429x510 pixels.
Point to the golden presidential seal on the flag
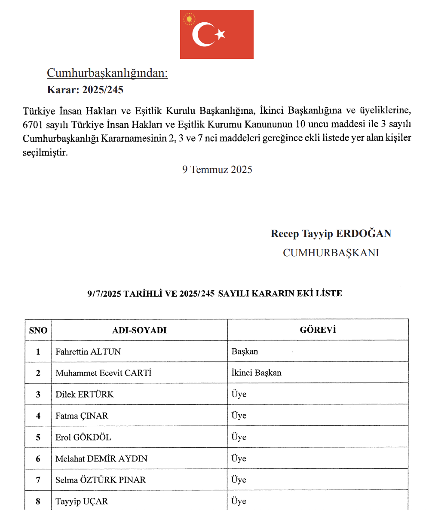coord(189,19)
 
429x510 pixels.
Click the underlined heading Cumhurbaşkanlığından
coord(107,73)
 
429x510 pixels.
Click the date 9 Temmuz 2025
coord(217,169)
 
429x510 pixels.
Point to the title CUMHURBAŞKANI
coord(331,253)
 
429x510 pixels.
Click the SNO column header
coord(38,330)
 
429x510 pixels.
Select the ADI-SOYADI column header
coord(139,330)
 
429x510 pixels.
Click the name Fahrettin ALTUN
coord(88,352)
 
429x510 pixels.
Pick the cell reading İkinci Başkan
coord(256,373)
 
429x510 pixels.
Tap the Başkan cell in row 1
coord(245,351)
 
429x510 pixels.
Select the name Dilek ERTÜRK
coord(85,394)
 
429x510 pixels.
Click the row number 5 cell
coord(38,437)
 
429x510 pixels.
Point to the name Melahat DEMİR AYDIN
coord(101,458)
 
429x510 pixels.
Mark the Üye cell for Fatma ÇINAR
coord(239,416)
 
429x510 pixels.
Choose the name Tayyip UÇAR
coord(82,501)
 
